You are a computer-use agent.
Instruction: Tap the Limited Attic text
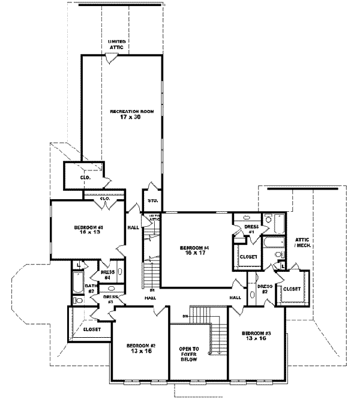pos(116,44)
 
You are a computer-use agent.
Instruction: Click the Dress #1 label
pos(250,229)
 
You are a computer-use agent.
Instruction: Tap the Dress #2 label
pos(265,289)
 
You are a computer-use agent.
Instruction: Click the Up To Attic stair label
pos(154,218)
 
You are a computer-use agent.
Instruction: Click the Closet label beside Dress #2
pos(291,289)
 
